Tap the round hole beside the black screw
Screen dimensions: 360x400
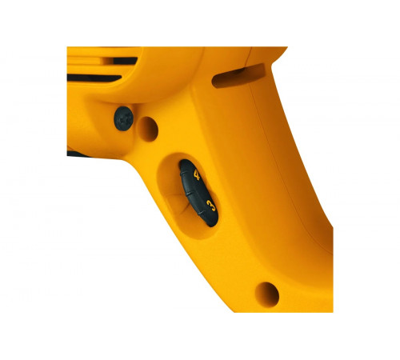[148, 126]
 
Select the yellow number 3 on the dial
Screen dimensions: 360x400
[210, 206]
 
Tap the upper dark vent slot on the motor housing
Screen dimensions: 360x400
[120, 60]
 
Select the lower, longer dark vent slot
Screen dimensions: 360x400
[96, 78]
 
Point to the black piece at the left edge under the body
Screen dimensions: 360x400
[74, 151]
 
